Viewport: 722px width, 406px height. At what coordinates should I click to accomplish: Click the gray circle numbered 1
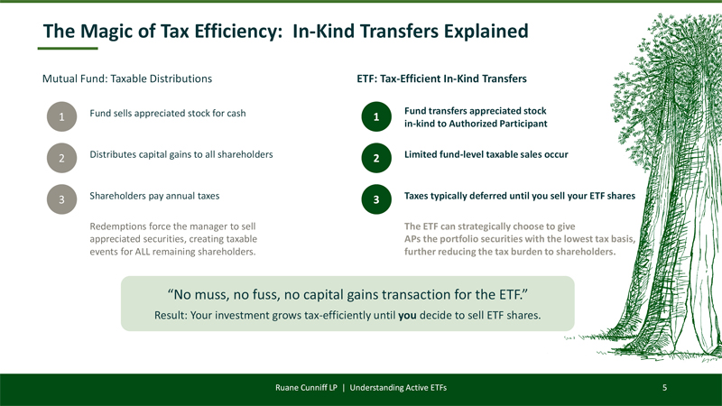pyautogui.click(x=61, y=116)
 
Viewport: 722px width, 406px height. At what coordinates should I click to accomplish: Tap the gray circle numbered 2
pyautogui.click(x=61, y=158)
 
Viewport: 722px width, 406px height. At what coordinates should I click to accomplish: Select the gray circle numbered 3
pyautogui.click(x=61, y=199)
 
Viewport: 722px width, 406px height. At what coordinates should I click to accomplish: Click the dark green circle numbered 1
pyautogui.click(x=376, y=116)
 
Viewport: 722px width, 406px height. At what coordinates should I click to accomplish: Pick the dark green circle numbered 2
pyautogui.click(x=376, y=158)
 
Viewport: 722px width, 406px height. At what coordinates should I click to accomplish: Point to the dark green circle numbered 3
pyautogui.click(x=376, y=199)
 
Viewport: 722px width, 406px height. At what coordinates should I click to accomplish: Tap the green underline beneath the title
pyautogui.click(x=68, y=48)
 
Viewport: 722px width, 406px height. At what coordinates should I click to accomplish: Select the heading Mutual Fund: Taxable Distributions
pyautogui.click(x=127, y=78)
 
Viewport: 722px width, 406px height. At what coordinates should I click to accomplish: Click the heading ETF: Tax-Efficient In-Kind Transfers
pyautogui.click(x=441, y=78)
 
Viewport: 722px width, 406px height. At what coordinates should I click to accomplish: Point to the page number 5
pyautogui.click(x=664, y=388)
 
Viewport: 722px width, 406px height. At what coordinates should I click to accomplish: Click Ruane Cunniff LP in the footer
pyautogui.click(x=306, y=388)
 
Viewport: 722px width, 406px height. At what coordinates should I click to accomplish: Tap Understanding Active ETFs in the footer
pyautogui.click(x=398, y=388)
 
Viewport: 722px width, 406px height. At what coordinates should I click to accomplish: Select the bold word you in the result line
pyautogui.click(x=407, y=315)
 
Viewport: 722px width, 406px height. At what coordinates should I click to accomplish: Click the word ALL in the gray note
pyautogui.click(x=143, y=252)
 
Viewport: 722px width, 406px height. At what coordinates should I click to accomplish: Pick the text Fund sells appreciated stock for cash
pyautogui.click(x=168, y=114)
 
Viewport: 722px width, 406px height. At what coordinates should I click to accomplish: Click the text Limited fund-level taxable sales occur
pyautogui.click(x=486, y=154)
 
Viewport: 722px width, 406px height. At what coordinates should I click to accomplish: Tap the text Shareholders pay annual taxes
pyautogui.click(x=154, y=196)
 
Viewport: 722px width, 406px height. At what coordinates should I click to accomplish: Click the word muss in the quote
pyautogui.click(x=214, y=295)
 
